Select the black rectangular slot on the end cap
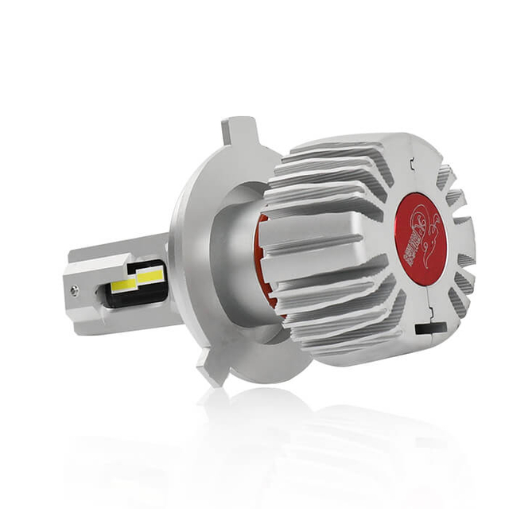coord(426,325)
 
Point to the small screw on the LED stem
coord(74,292)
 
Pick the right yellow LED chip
coord(150,275)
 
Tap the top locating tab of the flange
coord(238,130)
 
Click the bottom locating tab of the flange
coord(213,371)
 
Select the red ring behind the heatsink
coord(264,262)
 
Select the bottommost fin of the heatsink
coord(342,350)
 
